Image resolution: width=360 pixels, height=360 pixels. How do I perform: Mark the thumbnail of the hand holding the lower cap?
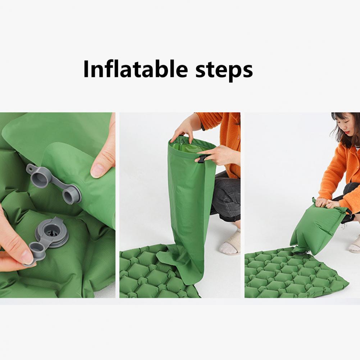coord(27,257)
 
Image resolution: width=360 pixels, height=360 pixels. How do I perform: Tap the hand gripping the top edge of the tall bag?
coord(183,130)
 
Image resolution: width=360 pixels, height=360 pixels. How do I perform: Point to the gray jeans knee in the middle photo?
coord(225,201)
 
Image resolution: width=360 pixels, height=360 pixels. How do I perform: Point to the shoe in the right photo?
coord(355,245)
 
